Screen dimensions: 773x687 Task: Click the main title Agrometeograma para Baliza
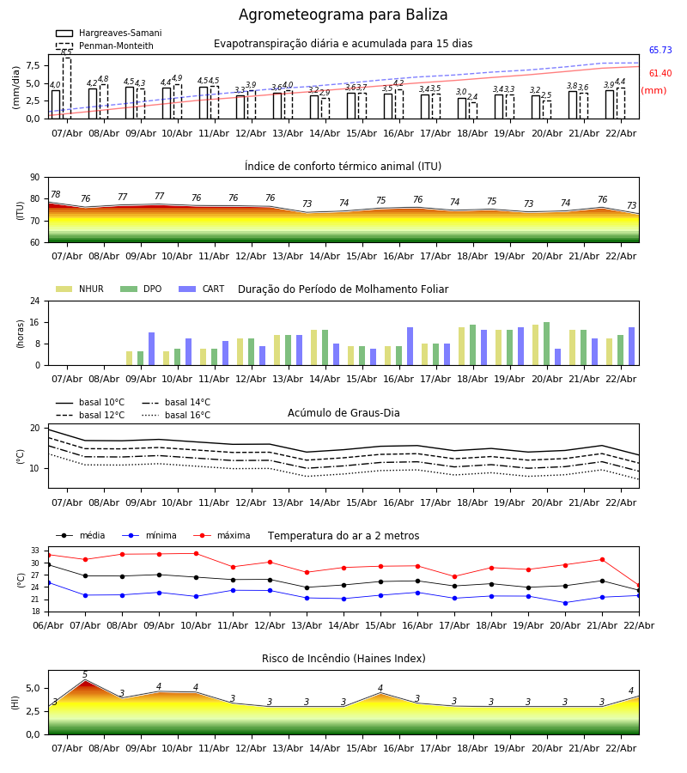[x=343, y=15]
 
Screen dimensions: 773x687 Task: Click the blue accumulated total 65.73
[x=660, y=51]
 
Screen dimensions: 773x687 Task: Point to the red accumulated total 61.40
[x=660, y=74]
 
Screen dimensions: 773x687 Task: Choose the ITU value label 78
[x=55, y=195]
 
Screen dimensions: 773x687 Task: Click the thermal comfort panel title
[x=343, y=167]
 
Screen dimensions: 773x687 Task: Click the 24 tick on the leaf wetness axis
[x=39, y=301]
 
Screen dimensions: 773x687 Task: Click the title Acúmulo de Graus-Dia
[x=343, y=413]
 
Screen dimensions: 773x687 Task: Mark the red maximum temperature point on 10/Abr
[x=196, y=553]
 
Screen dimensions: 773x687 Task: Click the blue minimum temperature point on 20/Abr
[x=565, y=603]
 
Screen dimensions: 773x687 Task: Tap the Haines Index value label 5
[x=85, y=675]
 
